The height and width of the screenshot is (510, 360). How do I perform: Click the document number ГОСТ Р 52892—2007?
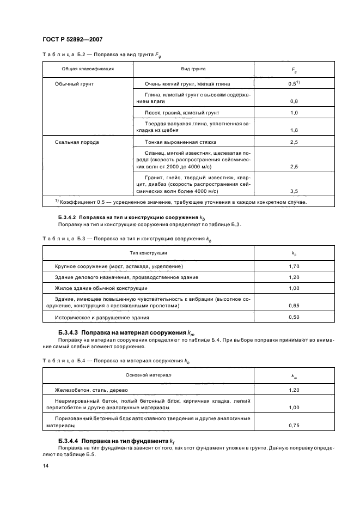[72, 39]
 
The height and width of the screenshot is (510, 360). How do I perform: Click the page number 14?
[45, 466]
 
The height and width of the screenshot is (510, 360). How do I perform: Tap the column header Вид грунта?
[193, 69]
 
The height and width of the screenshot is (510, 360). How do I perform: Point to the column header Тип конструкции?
[148, 253]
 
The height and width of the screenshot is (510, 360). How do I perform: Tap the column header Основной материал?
[148, 375]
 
